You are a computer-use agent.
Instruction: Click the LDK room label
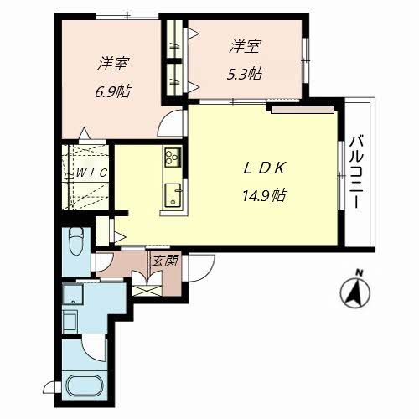pyautogui.click(x=264, y=168)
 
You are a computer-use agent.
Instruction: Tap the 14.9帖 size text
pyautogui.click(x=264, y=195)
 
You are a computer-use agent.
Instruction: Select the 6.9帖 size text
pyautogui.click(x=113, y=91)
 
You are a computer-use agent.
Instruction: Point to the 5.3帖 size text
pyautogui.click(x=245, y=74)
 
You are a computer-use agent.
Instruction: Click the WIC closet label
pyautogui.click(x=91, y=173)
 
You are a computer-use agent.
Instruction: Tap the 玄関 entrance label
pyautogui.click(x=165, y=261)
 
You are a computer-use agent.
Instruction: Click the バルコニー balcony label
pyautogui.click(x=357, y=172)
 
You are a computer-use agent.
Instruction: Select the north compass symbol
pyautogui.click(x=355, y=290)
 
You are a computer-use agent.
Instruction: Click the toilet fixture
pyautogui.click(x=76, y=241)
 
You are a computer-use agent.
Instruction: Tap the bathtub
pyautogui.click(x=84, y=385)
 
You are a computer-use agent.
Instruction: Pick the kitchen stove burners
pyautogui.click(x=173, y=158)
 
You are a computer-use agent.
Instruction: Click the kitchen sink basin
pyautogui.click(x=173, y=195)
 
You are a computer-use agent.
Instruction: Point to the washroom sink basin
pyautogui.click(x=73, y=294)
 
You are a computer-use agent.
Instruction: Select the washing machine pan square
pyautogui.click(x=70, y=323)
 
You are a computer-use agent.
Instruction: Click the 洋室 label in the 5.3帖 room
pyautogui.click(x=245, y=46)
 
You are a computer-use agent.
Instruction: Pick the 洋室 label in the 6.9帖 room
pyautogui.click(x=113, y=64)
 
